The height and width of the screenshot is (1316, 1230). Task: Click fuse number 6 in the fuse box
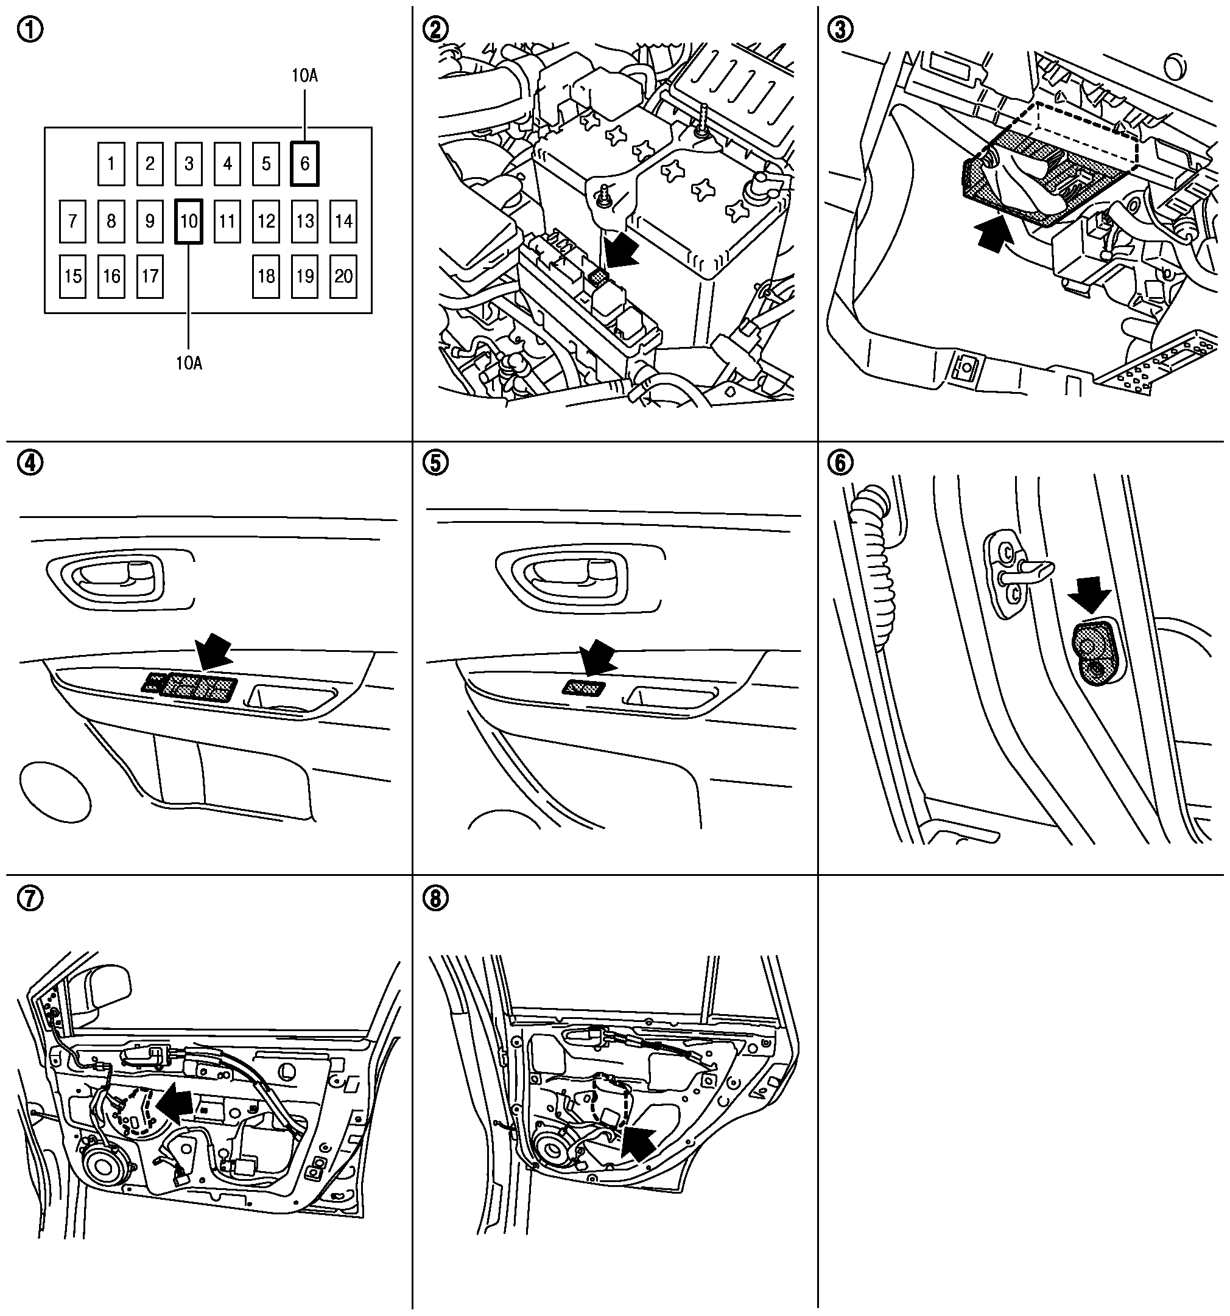[x=304, y=164]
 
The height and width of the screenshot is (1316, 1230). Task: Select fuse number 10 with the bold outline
[x=189, y=221]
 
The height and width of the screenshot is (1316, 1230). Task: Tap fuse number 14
[x=343, y=221]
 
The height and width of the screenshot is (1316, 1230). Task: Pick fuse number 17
[x=150, y=276]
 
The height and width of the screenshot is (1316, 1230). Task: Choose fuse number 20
[x=343, y=276]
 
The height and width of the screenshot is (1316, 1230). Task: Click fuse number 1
[x=111, y=164]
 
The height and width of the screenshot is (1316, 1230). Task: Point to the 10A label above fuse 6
[x=304, y=75]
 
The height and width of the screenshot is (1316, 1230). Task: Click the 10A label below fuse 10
[x=189, y=363]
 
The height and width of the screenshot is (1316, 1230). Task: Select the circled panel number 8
[x=435, y=898]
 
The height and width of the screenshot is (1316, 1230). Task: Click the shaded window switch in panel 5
[x=583, y=688]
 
